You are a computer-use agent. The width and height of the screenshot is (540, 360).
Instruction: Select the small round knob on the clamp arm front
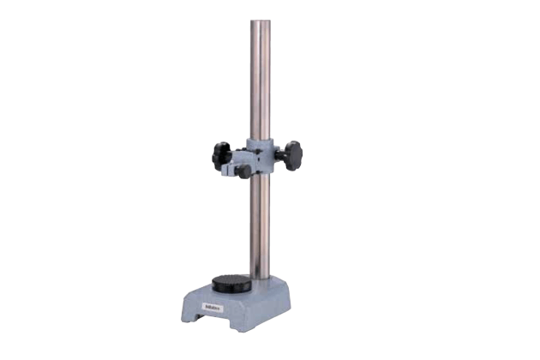click(x=243, y=171)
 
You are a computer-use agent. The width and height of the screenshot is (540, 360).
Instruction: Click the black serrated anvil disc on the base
click(x=231, y=285)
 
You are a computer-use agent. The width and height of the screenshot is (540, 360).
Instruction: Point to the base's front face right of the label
click(x=244, y=309)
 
